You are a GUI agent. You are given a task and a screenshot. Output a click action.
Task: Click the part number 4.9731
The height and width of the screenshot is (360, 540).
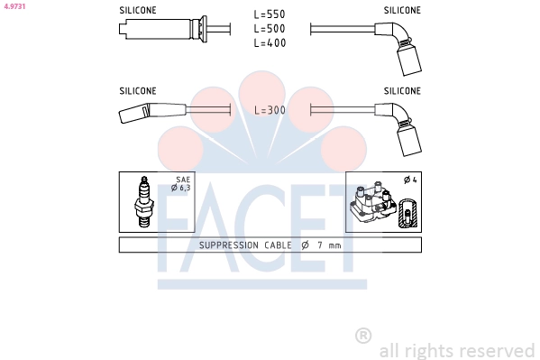(x=14, y=6)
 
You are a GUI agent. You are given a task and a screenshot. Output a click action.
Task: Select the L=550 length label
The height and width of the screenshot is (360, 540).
(x=270, y=14)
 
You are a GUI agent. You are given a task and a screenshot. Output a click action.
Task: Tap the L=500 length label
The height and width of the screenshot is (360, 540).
(x=270, y=29)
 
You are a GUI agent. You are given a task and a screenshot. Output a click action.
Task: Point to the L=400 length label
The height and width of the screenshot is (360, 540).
(x=270, y=42)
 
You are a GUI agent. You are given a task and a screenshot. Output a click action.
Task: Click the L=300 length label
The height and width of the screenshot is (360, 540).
(x=270, y=110)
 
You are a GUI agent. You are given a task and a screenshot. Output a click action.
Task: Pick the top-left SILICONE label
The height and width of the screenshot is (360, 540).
(x=138, y=10)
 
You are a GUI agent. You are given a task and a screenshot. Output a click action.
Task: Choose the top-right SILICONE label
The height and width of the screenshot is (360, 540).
(x=402, y=10)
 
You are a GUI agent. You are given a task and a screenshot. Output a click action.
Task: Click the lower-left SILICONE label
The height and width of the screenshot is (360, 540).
(x=138, y=91)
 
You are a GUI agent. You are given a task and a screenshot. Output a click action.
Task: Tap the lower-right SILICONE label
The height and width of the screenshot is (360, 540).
(x=402, y=91)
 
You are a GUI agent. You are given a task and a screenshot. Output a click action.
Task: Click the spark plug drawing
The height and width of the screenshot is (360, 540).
(x=144, y=202)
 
